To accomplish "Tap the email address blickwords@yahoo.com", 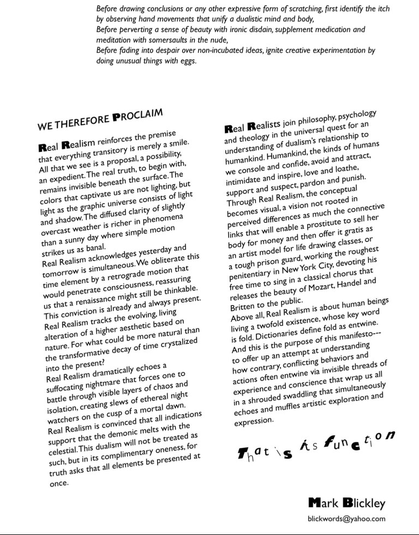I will coord(346,519).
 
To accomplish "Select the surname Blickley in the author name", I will coord(363,503).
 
